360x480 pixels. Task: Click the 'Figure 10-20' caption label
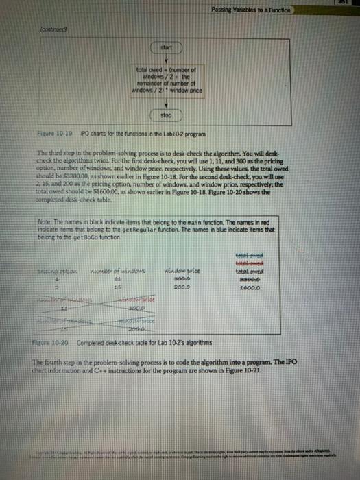tap(56, 341)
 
